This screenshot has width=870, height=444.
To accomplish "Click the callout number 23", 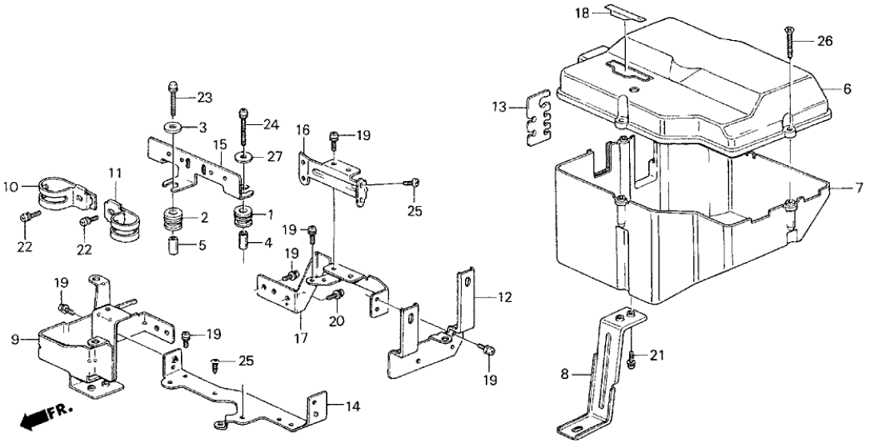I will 205,98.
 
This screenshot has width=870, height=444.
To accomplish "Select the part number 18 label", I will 581,14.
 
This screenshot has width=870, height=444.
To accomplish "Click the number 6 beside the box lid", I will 847,90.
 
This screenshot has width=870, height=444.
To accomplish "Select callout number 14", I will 353,406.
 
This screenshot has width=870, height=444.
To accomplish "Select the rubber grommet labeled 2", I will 174,219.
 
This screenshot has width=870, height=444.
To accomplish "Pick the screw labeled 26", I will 789,41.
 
